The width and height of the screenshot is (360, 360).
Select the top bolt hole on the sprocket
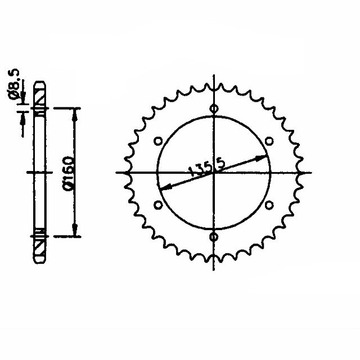coord(214,109)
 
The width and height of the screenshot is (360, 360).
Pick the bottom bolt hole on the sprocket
coord(214,237)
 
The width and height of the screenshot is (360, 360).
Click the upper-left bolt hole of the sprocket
coord(158,141)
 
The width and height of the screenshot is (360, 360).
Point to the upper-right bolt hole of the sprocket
coord(269,141)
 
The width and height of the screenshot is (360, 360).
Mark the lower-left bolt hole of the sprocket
coord(158,205)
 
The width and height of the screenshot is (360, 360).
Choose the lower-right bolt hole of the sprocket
coord(269,205)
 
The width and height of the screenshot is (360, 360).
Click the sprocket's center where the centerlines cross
coord(214,173)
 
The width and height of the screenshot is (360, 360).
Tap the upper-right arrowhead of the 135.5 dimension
coord(263,155)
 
